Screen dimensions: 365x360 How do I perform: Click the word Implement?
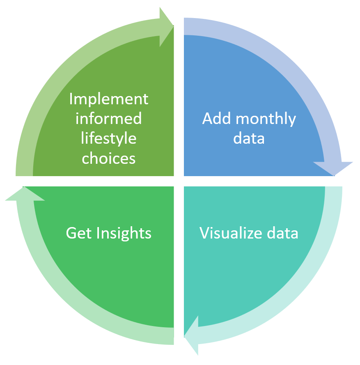(109, 99)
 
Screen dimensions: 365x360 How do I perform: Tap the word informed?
(109, 119)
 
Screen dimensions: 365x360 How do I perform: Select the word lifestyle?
(109, 139)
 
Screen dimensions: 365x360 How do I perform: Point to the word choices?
(109, 158)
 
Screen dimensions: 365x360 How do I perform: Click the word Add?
(215, 119)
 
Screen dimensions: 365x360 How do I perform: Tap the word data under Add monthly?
(249, 138)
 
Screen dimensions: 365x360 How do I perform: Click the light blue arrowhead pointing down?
(334, 168)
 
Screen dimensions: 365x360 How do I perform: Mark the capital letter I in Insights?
(99, 233)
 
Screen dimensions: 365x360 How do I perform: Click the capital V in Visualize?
(204, 233)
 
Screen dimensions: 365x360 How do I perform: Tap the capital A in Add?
(208, 119)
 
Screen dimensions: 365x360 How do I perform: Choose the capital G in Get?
(71, 233)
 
